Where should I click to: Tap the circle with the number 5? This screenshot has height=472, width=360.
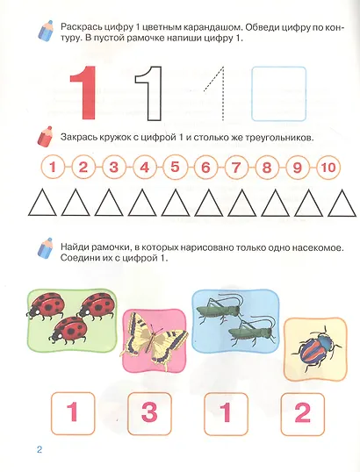click(176, 167)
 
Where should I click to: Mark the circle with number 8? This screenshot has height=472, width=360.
click(266, 167)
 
